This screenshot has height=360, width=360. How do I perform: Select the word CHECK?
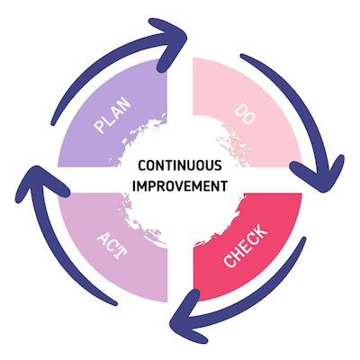tap(244, 251)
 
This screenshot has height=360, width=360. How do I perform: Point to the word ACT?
tap(112, 246)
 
